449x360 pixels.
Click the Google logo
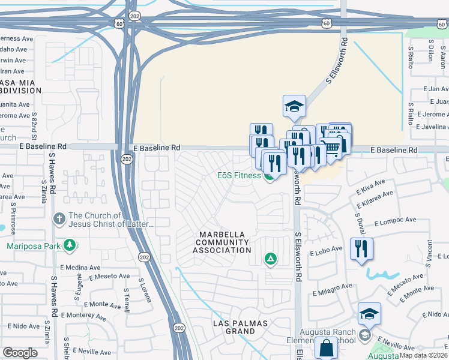(x=20, y=353)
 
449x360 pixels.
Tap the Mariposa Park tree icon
(x=70, y=245)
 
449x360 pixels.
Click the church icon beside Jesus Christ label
(x=59, y=220)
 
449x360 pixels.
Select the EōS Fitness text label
(x=239, y=176)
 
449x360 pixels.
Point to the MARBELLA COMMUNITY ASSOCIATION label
(x=222, y=242)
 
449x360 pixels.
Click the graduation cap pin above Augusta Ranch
(x=369, y=313)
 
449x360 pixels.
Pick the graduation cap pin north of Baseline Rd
(x=294, y=106)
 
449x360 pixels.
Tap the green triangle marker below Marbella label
(x=271, y=259)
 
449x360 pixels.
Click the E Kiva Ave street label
(x=370, y=187)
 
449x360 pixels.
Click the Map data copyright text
(x=424, y=355)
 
